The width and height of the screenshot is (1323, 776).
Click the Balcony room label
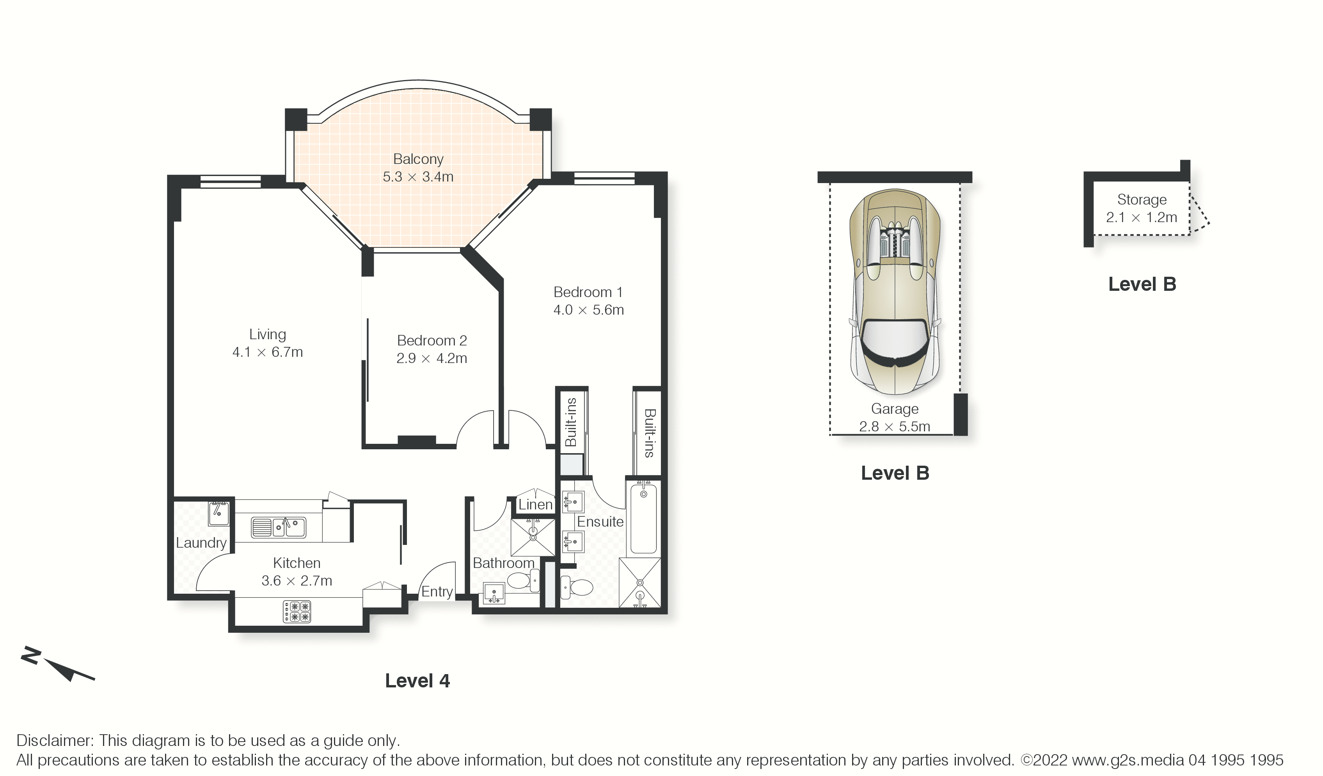pos(418,159)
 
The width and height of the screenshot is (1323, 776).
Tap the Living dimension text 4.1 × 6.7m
pos(268,352)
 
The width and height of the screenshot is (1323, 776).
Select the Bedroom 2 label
pos(432,340)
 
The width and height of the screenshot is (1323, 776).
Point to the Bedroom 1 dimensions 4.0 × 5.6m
pos(588,310)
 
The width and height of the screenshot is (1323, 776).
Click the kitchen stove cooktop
pos(297,612)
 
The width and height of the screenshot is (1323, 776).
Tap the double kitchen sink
pos(278,527)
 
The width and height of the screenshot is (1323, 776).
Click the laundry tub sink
pos(218,513)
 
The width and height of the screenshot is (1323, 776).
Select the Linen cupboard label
pos(536,504)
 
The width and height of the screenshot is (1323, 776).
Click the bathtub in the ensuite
pos(643,518)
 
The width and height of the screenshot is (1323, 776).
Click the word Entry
pos(437,592)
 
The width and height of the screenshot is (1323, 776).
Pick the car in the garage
pos(895,292)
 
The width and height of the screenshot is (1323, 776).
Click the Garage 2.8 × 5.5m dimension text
pos(895,426)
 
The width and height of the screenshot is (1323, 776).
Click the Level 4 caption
pos(417,681)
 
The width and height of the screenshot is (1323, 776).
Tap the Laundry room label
pos(201,543)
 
